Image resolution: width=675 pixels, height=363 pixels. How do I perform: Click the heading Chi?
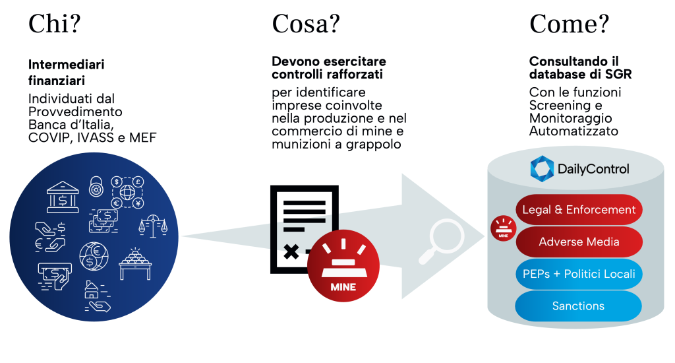(54, 24)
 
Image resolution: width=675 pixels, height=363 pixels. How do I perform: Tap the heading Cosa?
(306, 24)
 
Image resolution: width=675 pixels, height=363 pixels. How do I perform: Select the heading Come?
(569, 24)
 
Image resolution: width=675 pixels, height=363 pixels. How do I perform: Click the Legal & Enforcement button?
(579, 210)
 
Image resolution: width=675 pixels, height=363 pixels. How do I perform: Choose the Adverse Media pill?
(579, 242)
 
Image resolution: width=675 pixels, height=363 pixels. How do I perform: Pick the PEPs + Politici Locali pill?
(579, 274)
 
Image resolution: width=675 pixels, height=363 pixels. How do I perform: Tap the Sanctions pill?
(579, 306)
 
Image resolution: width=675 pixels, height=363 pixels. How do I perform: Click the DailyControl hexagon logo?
(542, 168)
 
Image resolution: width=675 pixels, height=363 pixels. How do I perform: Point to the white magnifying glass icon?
(441, 241)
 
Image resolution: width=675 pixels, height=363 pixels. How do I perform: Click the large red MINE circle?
(343, 265)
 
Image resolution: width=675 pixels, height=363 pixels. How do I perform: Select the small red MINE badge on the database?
(503, 228)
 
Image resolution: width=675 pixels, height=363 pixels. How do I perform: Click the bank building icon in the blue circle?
(63, 197)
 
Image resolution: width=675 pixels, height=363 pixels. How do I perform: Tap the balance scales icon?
(153, 226)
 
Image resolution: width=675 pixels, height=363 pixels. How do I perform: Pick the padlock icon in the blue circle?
(96, 186)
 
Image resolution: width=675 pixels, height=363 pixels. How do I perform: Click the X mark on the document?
(291, 251)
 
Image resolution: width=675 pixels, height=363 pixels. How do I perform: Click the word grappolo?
(373, 145)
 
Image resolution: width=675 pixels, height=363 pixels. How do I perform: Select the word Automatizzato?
(574, 131)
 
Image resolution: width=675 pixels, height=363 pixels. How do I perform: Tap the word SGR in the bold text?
(618, 74)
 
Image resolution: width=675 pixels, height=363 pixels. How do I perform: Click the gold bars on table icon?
(135, 264)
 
